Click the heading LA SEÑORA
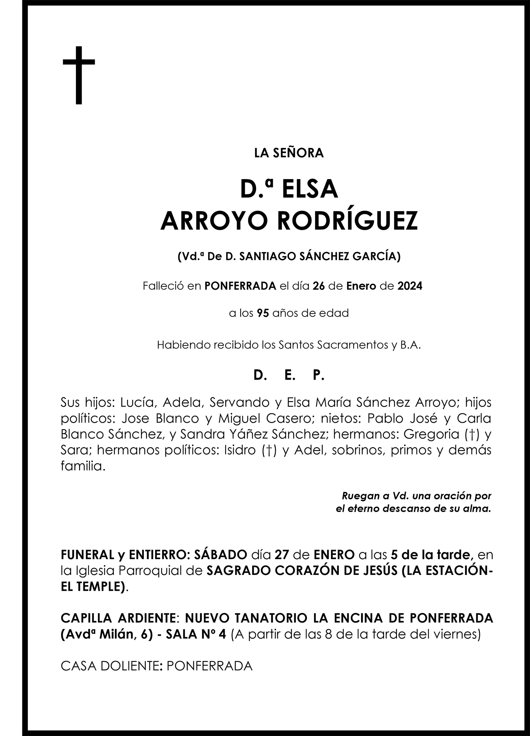[x=289, y=153]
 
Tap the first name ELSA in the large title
[x=310, y=189]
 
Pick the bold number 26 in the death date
[x=318, y=286]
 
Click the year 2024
[x=410, y=286]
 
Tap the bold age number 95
[x=263, y=313]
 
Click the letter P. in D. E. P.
[x=318, y=375]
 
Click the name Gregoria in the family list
[x=431, y=434]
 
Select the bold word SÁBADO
[x=220, y=555]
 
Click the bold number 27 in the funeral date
[x=282, y=555]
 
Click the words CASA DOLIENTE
[x=109, y=666]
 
